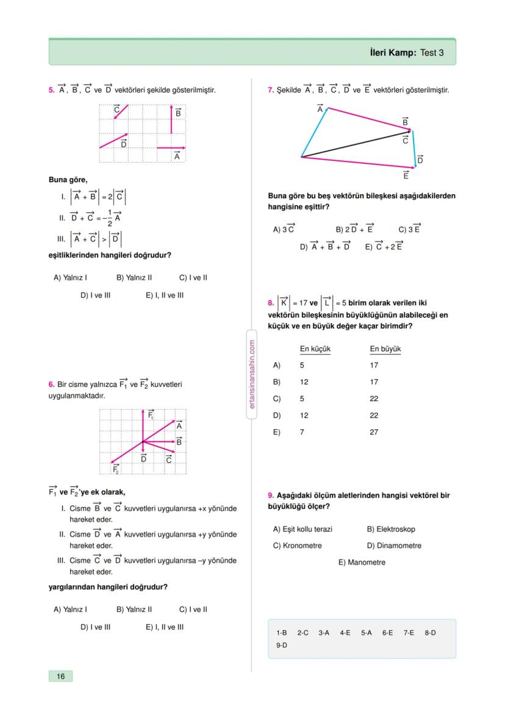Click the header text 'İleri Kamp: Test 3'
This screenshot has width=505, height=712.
point(407,53)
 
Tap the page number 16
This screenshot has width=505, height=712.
point(60,676)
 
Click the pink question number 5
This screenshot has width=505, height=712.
point(51,90)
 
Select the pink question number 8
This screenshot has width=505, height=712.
point(271,302)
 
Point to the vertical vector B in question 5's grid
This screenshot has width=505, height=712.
point(171,119)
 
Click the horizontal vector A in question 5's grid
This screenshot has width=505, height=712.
point(171,148)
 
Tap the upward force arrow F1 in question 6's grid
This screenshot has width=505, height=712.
point(143,425)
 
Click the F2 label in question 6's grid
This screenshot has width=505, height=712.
point(116,469)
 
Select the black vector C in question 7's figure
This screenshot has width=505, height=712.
point(357,143)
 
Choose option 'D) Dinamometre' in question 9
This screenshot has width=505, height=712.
point(394,546)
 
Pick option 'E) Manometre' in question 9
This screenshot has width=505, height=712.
point(362,563)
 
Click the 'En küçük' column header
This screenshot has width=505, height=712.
point(315,349)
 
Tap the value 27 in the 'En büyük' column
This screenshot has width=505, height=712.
point(374,432)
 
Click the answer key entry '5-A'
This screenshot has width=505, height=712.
point(366,633)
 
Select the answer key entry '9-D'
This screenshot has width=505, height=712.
point(281,645)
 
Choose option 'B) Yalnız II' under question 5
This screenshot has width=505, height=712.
point(134,277)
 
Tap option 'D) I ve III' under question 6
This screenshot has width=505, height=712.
point(95,626)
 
